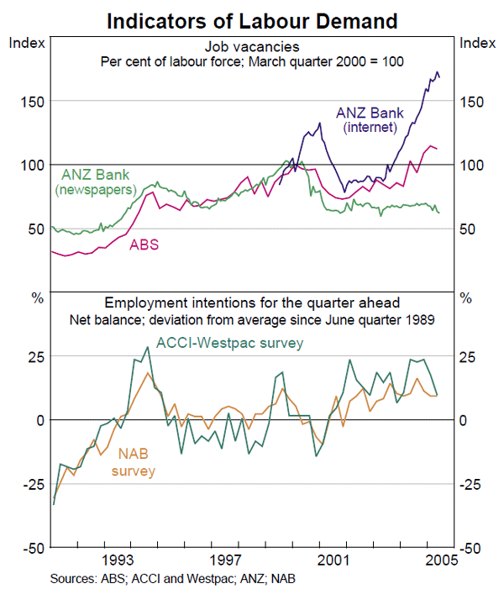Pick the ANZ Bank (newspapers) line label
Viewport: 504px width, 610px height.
click(96, 182)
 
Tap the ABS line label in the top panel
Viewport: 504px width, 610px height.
click(144, 245)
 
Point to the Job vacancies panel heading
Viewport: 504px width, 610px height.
click(252, 47)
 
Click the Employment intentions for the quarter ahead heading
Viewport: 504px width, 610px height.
click(252, 302)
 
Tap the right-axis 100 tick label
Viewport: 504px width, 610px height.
click(472, 166)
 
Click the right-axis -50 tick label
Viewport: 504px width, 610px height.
click(472, 548)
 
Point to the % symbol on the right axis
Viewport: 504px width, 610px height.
click(467, 298)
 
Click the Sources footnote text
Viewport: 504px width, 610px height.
click(172, 579)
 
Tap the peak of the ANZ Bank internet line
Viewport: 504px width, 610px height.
click(436, 72)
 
